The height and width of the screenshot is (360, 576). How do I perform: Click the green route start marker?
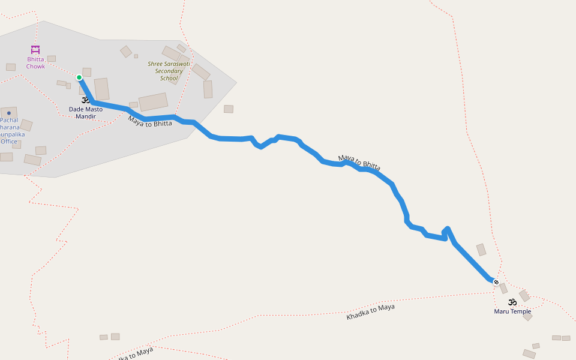[x=79, y=77]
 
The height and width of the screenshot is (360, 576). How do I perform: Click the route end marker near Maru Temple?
[x=496, y=281]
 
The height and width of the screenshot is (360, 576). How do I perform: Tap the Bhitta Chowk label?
[x=35, y=62]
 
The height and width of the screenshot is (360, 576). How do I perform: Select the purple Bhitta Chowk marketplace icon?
[x=35, y=50]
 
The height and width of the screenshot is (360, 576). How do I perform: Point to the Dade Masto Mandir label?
[x=85, y=113]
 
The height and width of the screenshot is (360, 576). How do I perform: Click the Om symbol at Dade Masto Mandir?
[x=85, y=100]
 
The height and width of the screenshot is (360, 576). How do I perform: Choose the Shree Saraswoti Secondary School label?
[x=169, y=71]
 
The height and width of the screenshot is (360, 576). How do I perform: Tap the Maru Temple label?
[x=512, y=311]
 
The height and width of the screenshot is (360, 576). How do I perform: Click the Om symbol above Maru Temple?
[x=512, y=302]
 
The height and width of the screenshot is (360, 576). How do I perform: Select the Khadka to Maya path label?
[x=370, y=312]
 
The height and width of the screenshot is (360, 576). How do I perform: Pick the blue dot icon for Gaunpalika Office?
[x=9, y=113]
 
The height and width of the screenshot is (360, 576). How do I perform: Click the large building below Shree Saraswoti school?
[x=153, y=102]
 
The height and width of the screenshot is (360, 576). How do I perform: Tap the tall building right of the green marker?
[x=102, y=89]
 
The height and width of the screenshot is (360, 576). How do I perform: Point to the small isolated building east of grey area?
[x=229, y=109]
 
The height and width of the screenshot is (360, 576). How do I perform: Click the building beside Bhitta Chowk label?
[x=52, y=59]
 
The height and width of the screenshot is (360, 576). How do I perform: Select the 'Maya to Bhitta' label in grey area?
[x=149, y=120]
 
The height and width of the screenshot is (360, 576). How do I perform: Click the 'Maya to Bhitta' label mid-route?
[x=359, y=163]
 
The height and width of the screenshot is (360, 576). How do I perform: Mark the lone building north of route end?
[x=481, y=250]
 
